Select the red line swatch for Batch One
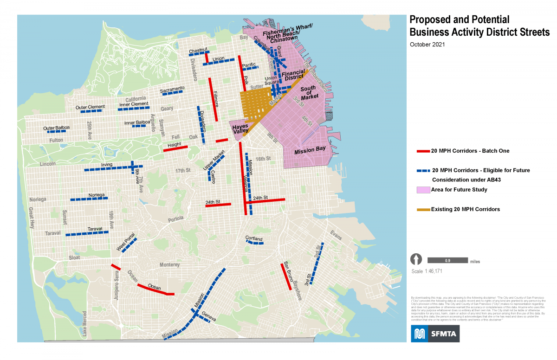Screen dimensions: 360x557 (x=423, y=151)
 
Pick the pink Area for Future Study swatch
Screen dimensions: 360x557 (x=423, y=190)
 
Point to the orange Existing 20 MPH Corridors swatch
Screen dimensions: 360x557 (x=423, y=210)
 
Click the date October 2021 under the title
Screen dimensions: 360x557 (x=427, y=45)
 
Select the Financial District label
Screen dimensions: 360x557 (x=293, y=75)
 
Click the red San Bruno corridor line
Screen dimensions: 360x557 (x=286, y=277)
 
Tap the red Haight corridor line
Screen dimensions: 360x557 (x=175, y=148)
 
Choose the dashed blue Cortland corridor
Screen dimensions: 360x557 (x=254, y=243)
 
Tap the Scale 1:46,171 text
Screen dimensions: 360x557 (x=427, y=271)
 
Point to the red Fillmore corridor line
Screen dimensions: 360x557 (x=213, y=100)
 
